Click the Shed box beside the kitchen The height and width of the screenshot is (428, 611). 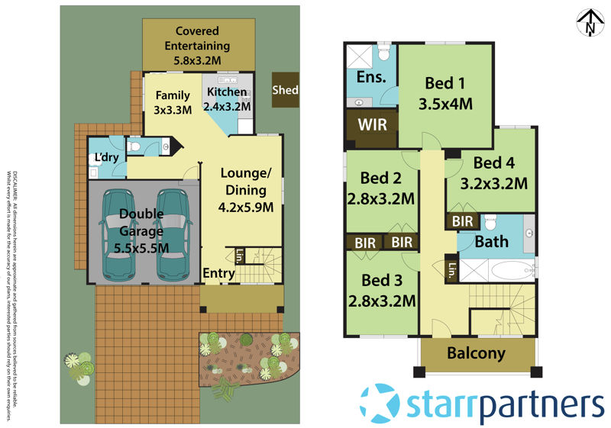pyautogui.click(x=286, y=91)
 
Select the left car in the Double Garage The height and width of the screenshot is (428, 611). pyautogui.click(x=121, y=233)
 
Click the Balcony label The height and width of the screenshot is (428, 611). pyautogui.click(x=476, y=353)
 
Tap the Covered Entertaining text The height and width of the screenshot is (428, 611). pyautogui.click(x=197, y=38)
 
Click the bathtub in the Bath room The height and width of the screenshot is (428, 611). pyautogui.click(x=507, y=271)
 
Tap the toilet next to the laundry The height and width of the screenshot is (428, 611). pyautogui.click(x=134, y=146)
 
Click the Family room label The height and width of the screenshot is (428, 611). pyautogui.click(x=173, y=95)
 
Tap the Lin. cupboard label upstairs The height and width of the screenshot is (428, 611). pyautogui.click(x=451, y=270)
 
